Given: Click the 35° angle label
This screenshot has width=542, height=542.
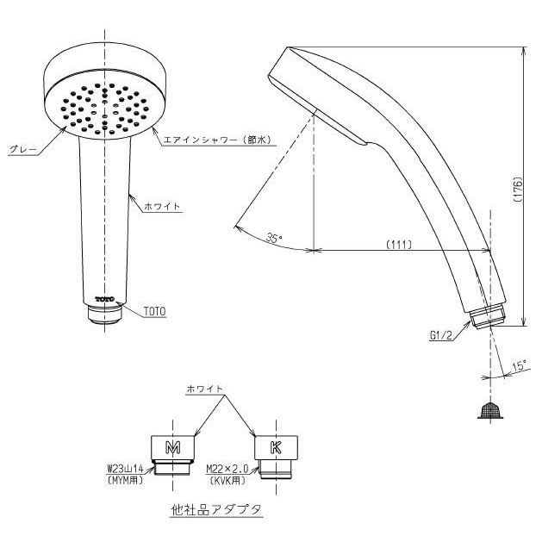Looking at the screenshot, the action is point(275,238).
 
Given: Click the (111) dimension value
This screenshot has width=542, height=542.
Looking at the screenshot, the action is point(399,245).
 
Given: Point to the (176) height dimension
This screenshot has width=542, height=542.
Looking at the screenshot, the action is point(518,190).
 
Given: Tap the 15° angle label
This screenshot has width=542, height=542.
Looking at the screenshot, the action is point(520,365).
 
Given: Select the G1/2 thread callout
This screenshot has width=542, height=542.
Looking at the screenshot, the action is point(440,335).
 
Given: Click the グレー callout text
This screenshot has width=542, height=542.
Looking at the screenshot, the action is point(22,150).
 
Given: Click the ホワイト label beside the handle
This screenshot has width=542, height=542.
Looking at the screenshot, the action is point(162,206).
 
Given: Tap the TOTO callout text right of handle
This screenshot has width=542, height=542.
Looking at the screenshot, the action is point(155,311).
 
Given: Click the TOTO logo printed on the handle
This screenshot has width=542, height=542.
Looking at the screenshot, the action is point(104,299).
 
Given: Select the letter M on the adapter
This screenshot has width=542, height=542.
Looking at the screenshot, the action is point(172,448).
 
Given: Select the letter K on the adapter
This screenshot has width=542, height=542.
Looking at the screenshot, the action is point(276,448).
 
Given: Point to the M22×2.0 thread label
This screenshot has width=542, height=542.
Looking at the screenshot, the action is point(227,469).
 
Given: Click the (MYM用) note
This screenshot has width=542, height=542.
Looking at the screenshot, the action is point(125,480).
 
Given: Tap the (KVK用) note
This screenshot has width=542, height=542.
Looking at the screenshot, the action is point(227,480).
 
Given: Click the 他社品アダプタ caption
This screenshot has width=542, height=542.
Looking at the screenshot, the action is point(216,510).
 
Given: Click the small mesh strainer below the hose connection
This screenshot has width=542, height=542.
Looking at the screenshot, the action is point(490,410).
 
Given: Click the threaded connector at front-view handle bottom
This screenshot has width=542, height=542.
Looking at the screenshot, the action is point(104,314).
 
